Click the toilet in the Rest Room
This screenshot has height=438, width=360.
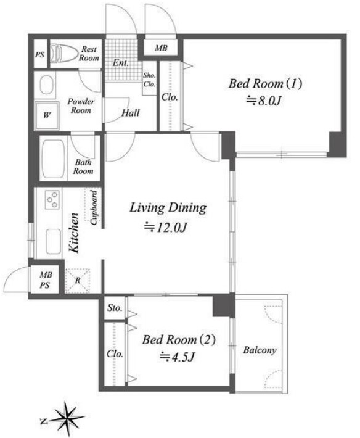(63, 54)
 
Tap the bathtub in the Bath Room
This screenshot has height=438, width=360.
(53, 159)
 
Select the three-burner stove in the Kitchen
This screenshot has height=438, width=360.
(52, 199)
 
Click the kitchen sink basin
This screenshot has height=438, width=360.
(53, 242)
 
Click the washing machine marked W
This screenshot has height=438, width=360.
(47, 115)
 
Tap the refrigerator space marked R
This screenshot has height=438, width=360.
(77, 281)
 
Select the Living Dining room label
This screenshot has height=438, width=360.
(168, 207)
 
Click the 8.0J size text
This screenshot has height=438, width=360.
(263, 101)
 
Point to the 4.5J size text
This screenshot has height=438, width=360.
(177, 357)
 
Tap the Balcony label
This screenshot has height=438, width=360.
(260, 350)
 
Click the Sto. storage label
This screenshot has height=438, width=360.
(115, 308)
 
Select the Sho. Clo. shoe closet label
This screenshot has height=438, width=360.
(150, 80)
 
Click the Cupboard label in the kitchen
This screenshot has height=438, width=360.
(94, 207)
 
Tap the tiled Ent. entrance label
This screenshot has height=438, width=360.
(120, 62)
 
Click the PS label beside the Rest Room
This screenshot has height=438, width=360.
(39, 54)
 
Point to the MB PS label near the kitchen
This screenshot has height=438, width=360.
(46, 280)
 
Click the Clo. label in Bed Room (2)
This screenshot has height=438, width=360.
(115, 353)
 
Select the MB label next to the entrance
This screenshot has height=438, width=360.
(161, 48)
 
